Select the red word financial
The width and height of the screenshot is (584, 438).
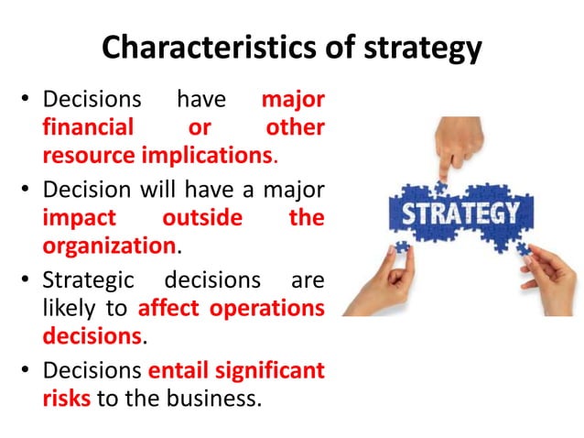[88, 126]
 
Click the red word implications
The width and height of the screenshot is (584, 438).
[208, 155]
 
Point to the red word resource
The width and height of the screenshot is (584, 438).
[88, 155]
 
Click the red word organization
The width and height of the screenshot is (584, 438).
[108, 246]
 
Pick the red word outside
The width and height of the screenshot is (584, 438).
[202, 218]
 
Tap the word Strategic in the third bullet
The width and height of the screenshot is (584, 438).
[89, 279]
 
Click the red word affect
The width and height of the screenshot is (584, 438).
[169, 308]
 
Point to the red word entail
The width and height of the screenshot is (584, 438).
[175, 371]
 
